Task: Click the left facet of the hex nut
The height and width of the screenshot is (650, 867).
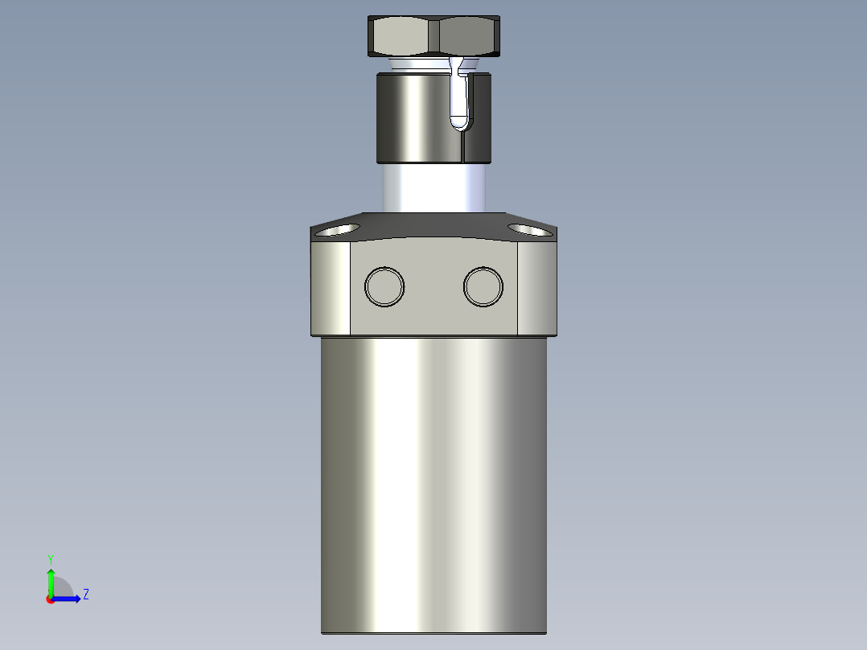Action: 400,36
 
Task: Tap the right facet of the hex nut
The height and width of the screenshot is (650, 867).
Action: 468,36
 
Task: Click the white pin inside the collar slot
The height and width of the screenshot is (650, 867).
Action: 459,101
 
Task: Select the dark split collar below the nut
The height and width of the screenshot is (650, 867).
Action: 414,117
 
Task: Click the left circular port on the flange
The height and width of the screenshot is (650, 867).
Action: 384,286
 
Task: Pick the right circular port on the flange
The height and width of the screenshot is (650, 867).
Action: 483,286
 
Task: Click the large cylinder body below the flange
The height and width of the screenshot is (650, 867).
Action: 434,483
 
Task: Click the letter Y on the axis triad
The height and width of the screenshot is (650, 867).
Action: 50,557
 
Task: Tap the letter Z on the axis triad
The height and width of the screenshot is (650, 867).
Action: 86,594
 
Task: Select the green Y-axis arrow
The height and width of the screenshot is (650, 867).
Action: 50,580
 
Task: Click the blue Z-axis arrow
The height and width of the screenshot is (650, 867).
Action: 69,599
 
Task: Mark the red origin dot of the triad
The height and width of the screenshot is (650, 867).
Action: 50,599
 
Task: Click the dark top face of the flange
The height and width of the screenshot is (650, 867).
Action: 434,224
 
